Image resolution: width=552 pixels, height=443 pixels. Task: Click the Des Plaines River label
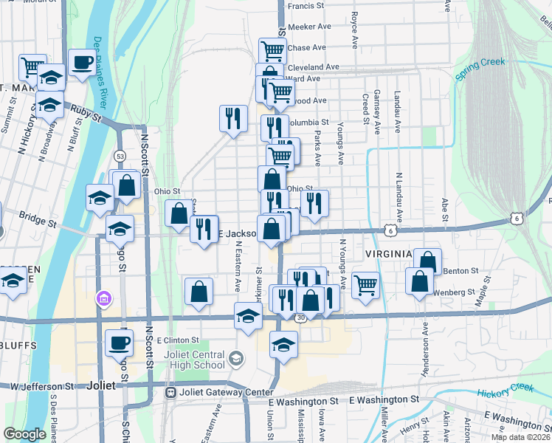tap(103, 67)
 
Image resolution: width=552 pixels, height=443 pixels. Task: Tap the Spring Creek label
tap(480, 69)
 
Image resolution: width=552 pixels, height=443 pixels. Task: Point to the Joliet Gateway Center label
tap(218, 391)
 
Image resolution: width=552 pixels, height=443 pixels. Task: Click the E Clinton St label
tap(179, 340)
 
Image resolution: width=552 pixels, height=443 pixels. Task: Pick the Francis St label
tap(306, 6)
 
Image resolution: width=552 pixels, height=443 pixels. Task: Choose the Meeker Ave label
tap(308, 26)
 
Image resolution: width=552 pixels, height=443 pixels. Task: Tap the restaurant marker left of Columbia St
tap(233, 118)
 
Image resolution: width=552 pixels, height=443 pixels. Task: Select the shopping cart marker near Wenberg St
tap(366, 284)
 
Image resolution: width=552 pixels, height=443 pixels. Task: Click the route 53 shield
tap(120, 156)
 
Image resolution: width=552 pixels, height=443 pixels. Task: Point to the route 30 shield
tap(300, 317)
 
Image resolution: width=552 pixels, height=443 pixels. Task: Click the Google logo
tap(24, 434)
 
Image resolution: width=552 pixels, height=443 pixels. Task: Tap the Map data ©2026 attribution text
tap(521, 437)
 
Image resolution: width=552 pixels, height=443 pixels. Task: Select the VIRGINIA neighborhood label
tap(387, 254)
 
